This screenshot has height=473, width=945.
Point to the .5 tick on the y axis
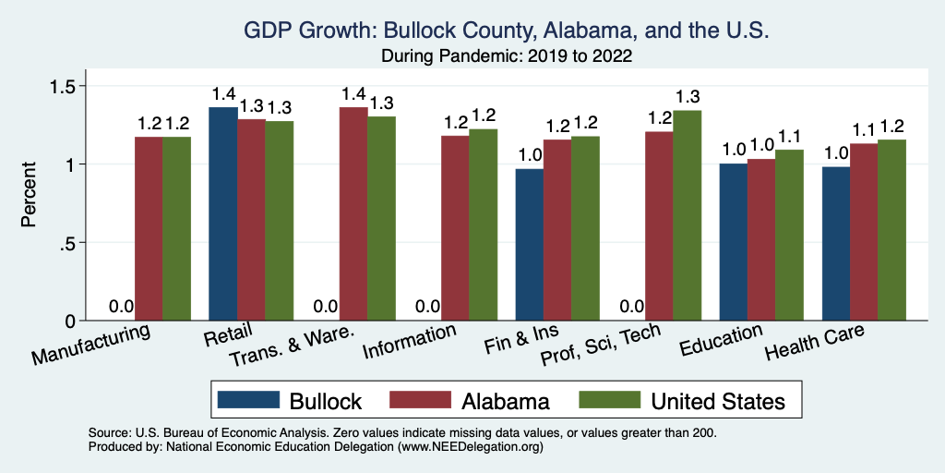[x=78, y=243]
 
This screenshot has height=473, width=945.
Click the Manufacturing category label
[x=91, y=343]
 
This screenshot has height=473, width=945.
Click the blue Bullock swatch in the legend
[x=248, y=400]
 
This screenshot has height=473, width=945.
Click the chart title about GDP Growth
[x=506, y=30]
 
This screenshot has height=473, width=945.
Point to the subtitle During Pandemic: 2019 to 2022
[x=506, y=55]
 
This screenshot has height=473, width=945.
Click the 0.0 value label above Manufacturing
[x=122, y=307]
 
